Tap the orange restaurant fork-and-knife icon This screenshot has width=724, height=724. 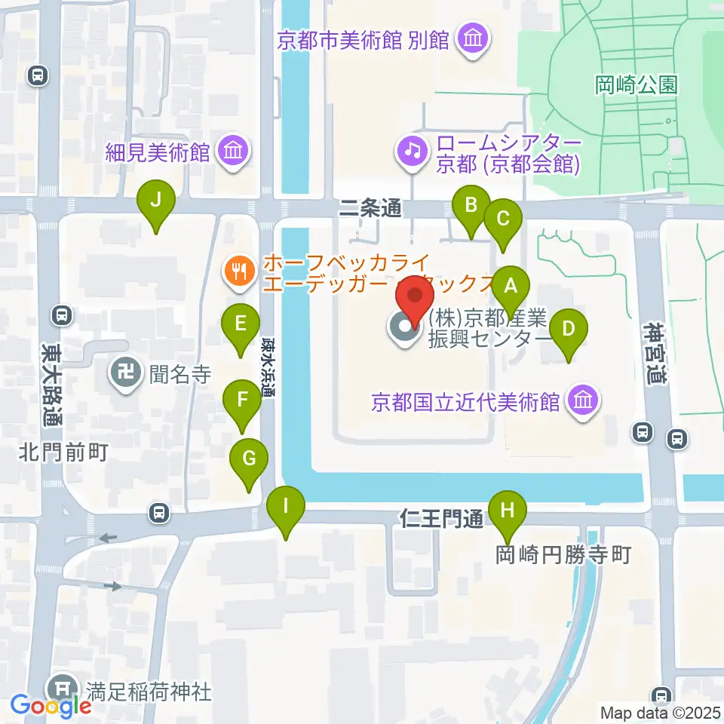pos(240,269)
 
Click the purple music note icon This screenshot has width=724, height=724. pos(412,149)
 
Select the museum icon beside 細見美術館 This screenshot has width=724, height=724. pos(232,151)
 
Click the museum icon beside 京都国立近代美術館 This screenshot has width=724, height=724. pos(584,399)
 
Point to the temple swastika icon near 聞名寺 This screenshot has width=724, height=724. pos(124,371)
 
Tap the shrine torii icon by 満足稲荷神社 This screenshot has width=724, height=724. pos(61,689)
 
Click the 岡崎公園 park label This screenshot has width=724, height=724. pos(637,84)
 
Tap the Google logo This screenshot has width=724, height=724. pos(51,706)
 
